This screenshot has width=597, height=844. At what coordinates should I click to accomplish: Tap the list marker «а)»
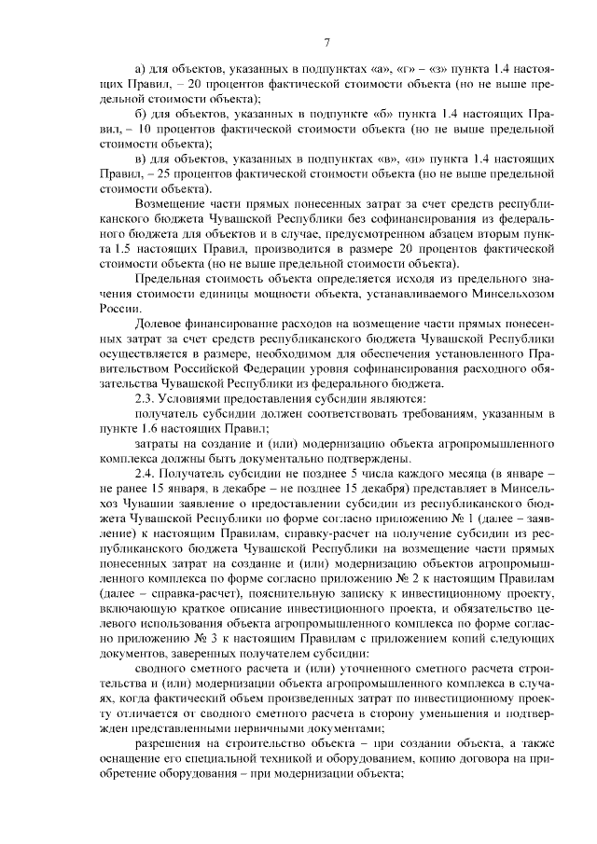141,69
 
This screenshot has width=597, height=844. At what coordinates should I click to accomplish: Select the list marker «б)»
141,114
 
